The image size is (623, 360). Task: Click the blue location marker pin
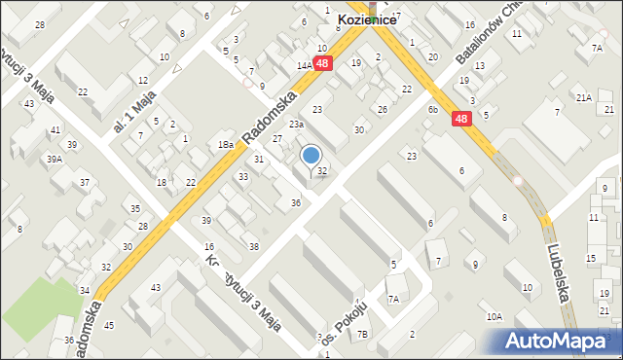[311, 156]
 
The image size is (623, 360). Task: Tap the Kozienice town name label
[367, 18]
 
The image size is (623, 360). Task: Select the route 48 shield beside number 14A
[324, 62]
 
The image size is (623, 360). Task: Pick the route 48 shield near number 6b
[463, 118]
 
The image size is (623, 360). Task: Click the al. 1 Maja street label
[134, 112]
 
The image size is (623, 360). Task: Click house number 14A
[304, 66]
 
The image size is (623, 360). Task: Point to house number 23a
[296, 125]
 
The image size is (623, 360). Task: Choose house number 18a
[226, 145]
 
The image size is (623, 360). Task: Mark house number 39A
[55, 159]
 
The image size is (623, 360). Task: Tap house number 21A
[583, 98]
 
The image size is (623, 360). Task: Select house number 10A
[495, 316]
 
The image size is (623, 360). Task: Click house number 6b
[433, 110]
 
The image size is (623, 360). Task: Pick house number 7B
[362, 335]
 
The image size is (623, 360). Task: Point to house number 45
[109, 325]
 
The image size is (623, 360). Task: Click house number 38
[254, 247]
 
